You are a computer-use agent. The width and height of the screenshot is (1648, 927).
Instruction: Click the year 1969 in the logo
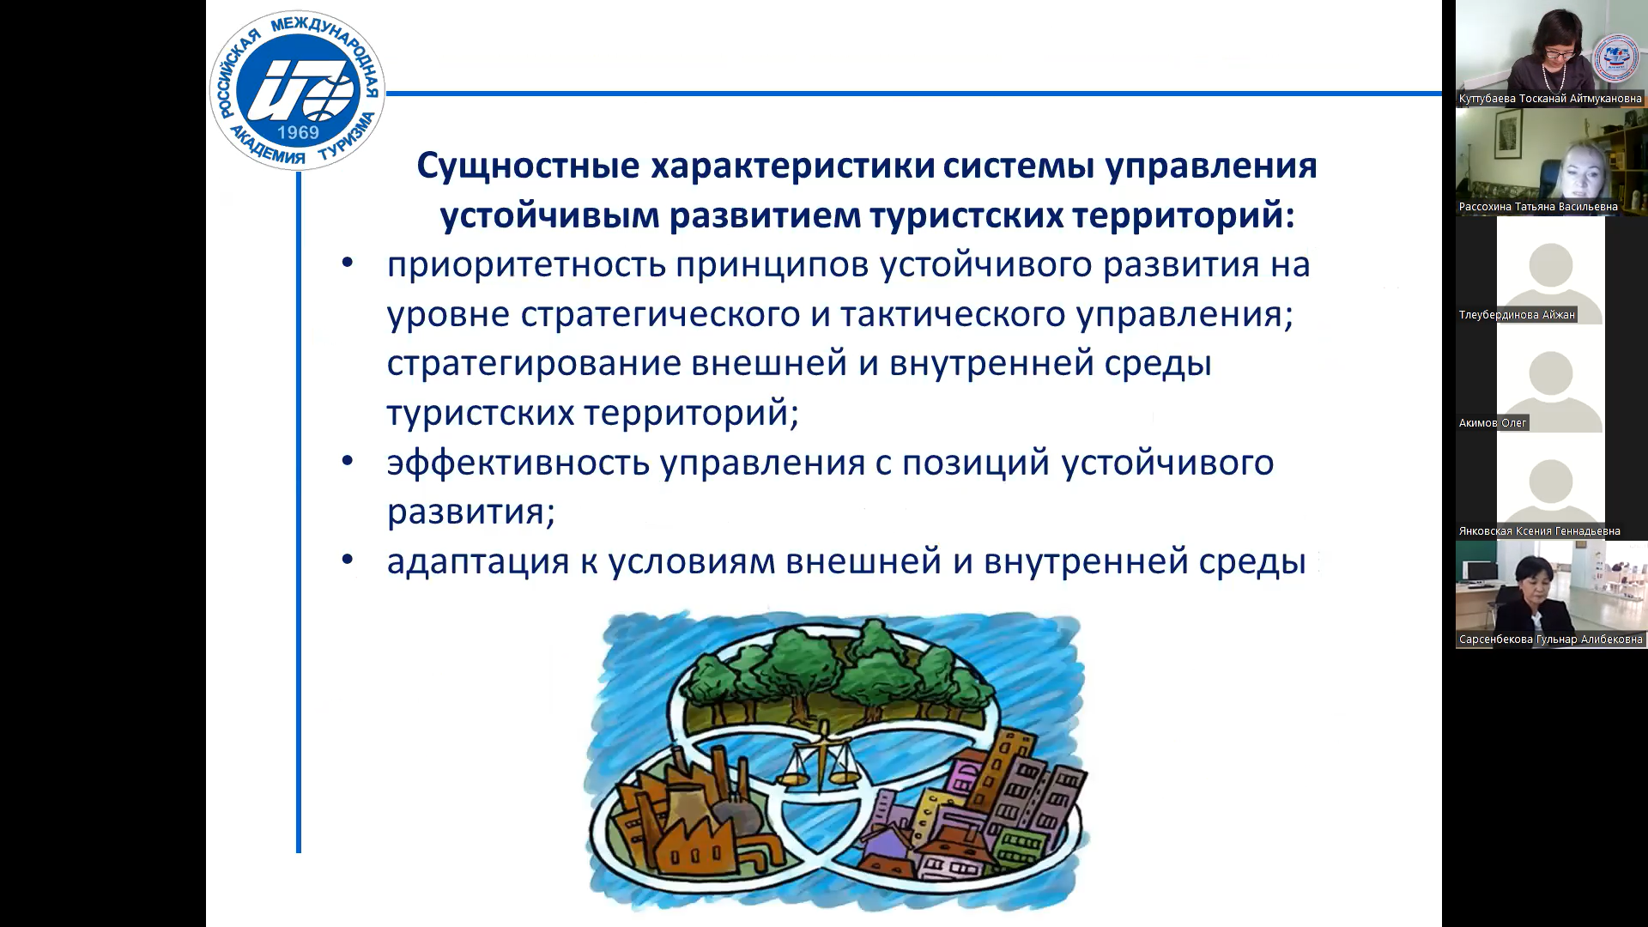click(298, 132)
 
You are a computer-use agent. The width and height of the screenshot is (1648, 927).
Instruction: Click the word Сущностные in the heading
click(528, 166)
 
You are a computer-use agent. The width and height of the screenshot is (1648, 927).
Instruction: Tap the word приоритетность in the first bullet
click(526, 265)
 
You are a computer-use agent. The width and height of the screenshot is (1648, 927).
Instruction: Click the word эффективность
click(518, 463)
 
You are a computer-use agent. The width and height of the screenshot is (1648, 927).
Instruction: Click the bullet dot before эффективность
click(348, 462)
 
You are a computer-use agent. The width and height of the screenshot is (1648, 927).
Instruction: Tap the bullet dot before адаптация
click(348, 560)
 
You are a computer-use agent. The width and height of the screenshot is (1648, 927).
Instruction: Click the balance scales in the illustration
click(821, 760)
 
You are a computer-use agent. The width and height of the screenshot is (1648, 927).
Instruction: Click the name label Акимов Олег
click(1493, 423)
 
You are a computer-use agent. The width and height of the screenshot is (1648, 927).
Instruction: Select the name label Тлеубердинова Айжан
click(1517, 315)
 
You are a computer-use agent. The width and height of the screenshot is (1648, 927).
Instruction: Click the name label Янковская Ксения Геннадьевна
click(1540, 531)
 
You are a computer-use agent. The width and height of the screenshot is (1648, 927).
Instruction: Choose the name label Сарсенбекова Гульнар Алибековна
click(1550, 639)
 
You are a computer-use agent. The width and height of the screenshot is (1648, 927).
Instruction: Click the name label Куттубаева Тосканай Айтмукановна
click(1550, 99)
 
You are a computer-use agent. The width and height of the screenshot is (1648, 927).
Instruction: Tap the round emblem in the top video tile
click(1616, 59)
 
